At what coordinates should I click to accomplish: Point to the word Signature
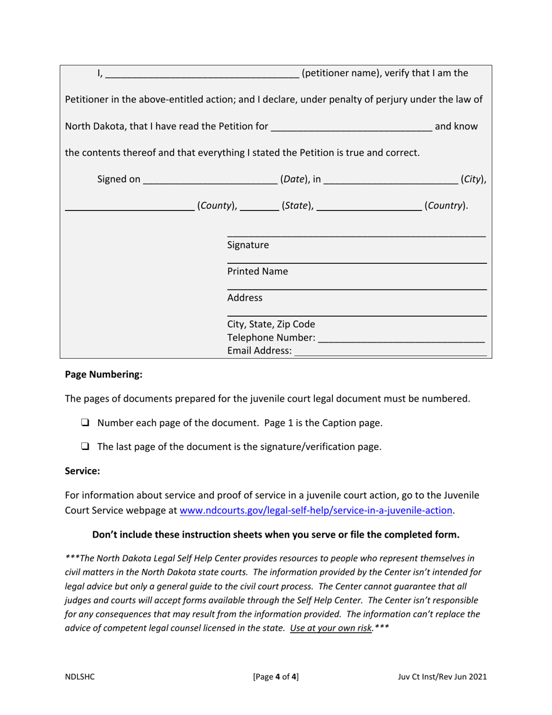click(248, 245)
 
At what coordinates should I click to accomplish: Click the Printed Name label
click(257, 271)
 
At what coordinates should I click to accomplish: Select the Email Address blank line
click(390, 352)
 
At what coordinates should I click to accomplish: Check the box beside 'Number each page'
click(85, 423)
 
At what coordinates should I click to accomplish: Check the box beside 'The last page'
click(85, 447)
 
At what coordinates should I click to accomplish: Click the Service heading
click(83, 472)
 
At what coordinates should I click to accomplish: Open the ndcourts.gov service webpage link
click(317, 510)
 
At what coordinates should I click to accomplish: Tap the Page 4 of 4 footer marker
click(276, 677)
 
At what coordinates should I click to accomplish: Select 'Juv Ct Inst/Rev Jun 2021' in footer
click(443, 677)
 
